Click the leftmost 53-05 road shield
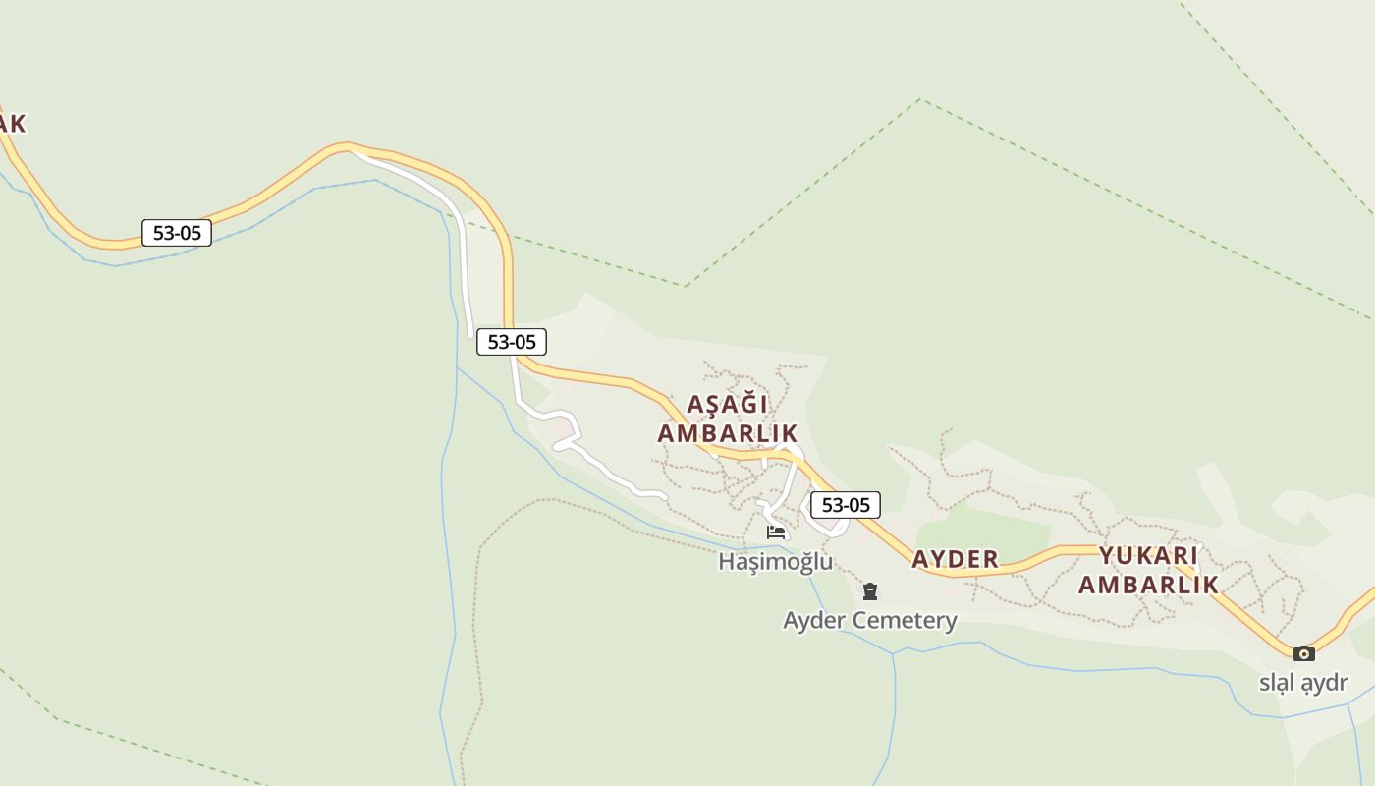pyautogui.click(x=177, y=233)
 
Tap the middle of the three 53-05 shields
pyautogui.click(x=512, y=342)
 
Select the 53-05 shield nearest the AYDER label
pyautogui.click(x=846, y=505)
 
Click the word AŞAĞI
pyautogui.click(x=727, y=404)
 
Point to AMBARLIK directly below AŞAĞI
pyautogui.click(x=727, y=433)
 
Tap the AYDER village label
pyautogui.click(x=955, y=559)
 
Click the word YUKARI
pyautogui.click(x=1148, y=555)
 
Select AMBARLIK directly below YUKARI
pyautogui.click(x=1148, y=585)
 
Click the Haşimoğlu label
pyautogui.click(x=775, y=561)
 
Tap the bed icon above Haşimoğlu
pyautogui.click(x=776, y=533)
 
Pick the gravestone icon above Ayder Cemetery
pyautogui.click(x=869, y=591)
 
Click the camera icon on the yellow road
pyautogui.click(x=1303, y=653)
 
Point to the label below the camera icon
pyautogui.click(x=1303, y=682)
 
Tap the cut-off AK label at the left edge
pyautogui.click(x=12, y=124)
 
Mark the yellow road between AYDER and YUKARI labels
pyautogui.click(x=1041, y=555)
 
